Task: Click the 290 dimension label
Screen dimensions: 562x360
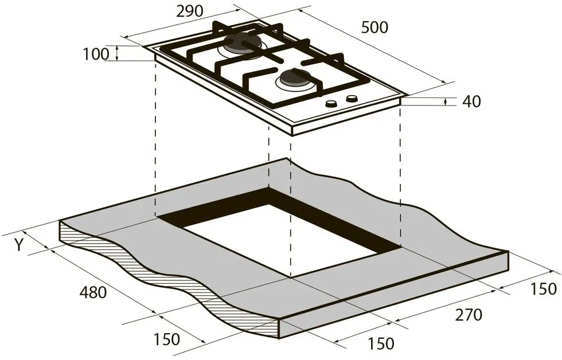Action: [190, 11]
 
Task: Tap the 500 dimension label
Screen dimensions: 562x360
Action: [374, 28]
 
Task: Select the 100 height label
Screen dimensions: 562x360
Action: [96, 54]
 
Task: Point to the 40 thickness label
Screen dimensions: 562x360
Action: [471, 101]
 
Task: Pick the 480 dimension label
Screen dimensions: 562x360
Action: [93, 293]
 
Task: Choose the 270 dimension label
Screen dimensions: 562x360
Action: [469, 315]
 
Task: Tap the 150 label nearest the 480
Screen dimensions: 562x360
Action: [167, 339]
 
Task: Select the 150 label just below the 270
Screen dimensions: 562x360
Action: [381, 343]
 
